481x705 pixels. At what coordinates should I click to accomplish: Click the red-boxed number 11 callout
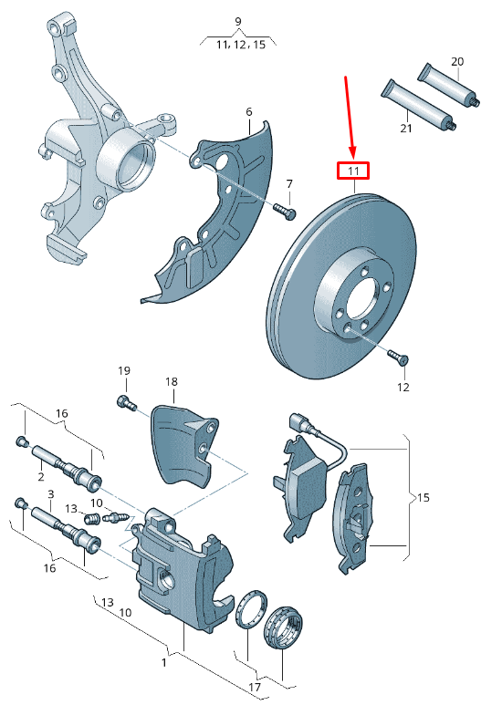(352, 171)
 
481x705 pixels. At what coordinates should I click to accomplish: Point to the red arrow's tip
(352, 156)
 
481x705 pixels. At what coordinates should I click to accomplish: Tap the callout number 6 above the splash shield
(247, 112)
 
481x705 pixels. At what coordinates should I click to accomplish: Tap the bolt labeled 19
(124, 401)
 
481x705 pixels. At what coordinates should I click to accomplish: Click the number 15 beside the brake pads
(423, 498)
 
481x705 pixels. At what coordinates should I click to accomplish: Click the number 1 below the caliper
(163, 662)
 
